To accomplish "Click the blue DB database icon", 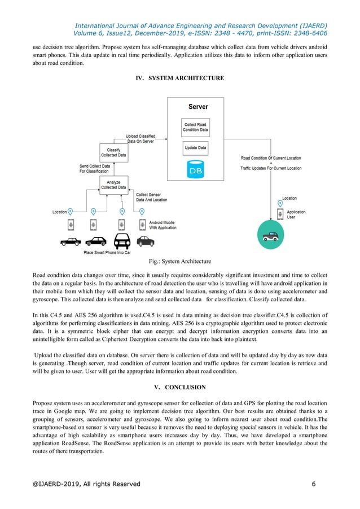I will pyautogui.click(x=195, y=169).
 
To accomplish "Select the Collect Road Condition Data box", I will pyautogui.click(x=195, y=128).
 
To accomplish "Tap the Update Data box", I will pyautogui.click(x=195, y=148).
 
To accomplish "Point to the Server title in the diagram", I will pyautogui.click(x=197, y=107).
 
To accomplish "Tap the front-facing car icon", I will pyautogui.click(x=122, y=241).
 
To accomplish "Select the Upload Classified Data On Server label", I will pyautogui.click(x=141, y=139).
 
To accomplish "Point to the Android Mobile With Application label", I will pyautogui.click(x=162, y=225).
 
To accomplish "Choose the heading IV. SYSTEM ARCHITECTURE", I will pyautogui.click(x=180, y=78).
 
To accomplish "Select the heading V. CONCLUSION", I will pyautogui.click(x=180, y=387).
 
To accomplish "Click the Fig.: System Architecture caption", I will pyautogui.click(x=180, y=261).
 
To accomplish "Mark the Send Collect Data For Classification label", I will pyautogui.click(x=94, y=168).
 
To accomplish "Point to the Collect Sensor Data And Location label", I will pyautogui.click(x=152, y=197).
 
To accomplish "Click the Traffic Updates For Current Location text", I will pyautogui.click(x=271, y=169).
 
